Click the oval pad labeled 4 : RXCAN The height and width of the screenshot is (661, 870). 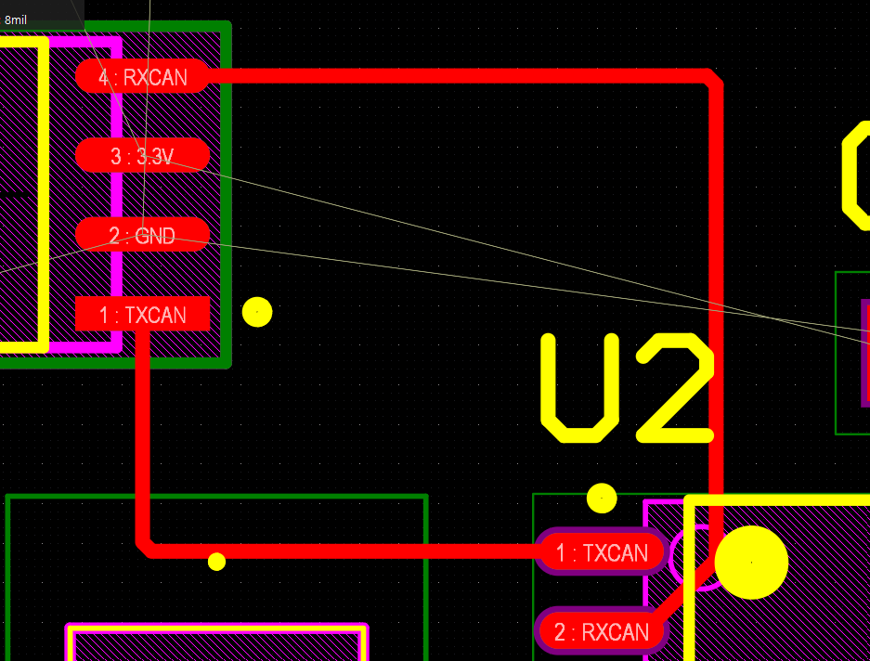(142, 76)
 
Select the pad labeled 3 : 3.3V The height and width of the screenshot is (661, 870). (142, 155)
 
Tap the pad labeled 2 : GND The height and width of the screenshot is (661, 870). (142, 235)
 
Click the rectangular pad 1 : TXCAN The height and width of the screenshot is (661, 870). (142, 314)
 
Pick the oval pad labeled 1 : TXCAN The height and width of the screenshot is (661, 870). (602, 552)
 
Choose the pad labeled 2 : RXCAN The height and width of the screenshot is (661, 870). (602, 631)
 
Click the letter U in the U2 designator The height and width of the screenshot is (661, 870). (579, 388)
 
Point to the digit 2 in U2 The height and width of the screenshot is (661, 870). (675, 388)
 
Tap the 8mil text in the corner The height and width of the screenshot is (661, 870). (16, 20)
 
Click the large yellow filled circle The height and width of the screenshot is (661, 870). (751, 563)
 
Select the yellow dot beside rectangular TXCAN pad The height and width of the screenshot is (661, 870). (257, 312)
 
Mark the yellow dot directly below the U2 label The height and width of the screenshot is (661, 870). (602, 498)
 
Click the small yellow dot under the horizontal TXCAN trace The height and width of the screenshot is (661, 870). (216, 562)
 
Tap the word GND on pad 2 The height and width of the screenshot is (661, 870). (155, 236)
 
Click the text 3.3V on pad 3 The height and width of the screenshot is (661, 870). (155, 157)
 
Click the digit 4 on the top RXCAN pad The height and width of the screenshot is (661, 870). (104, 77)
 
